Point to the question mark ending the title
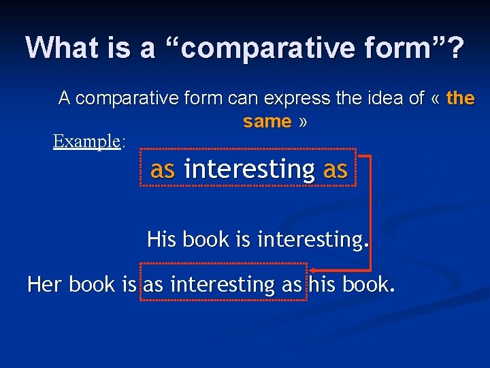tap(455, 48)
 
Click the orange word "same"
tap(267, 122)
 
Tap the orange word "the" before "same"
tap(461, 98)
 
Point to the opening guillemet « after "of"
tap(435, 99)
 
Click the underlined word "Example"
tap(86, 141)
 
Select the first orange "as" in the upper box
tap(163, 169)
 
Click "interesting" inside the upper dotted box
tap(249, 169)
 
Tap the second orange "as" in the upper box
tap(335, 169)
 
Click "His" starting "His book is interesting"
tap(161, 240)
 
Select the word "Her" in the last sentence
tap(44, 284)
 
